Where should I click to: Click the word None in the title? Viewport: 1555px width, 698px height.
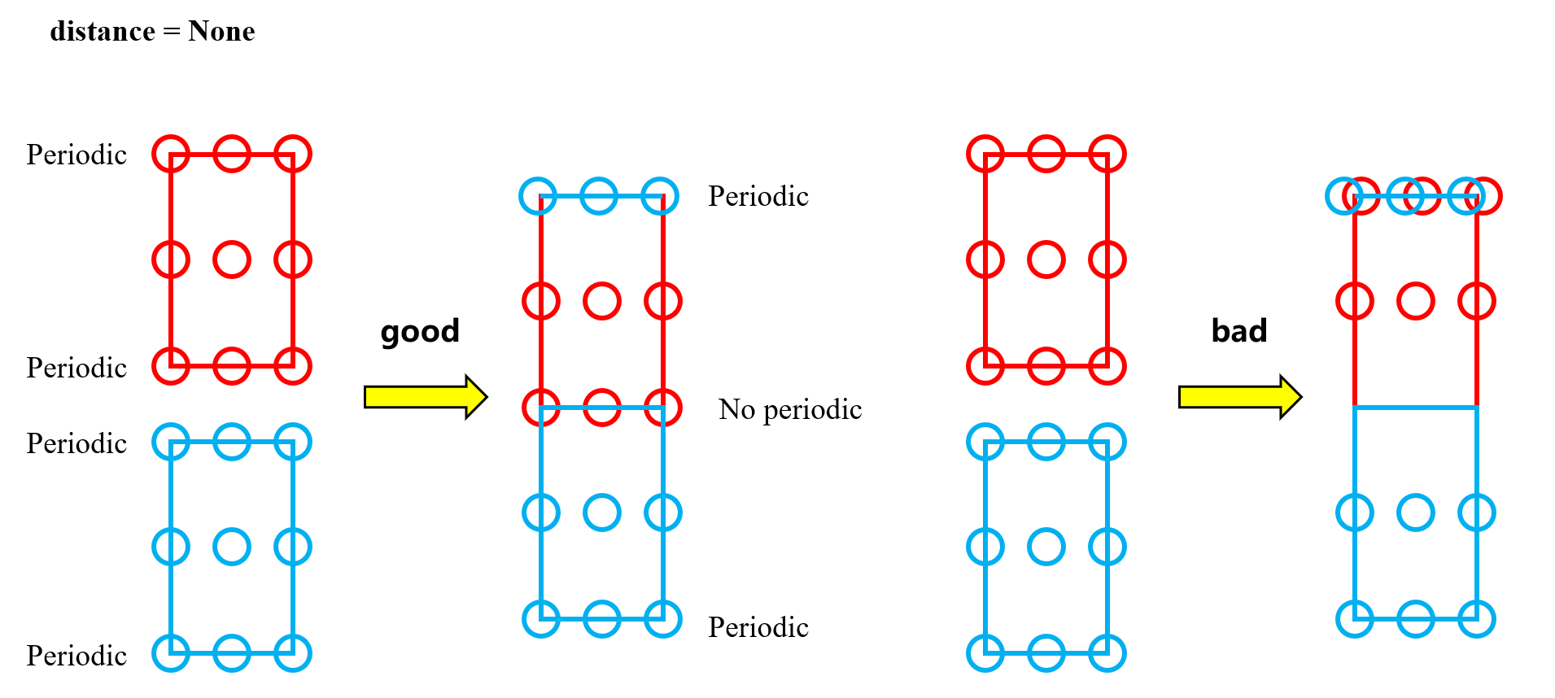221,32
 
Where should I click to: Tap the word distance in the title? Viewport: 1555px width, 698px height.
103,32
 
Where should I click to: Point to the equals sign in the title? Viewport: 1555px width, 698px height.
171,33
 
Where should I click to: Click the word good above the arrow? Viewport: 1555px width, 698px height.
420,331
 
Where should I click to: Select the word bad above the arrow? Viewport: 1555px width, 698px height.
1239,331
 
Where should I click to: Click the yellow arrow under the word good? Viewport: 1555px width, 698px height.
426,397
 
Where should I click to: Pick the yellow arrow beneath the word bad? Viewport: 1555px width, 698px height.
1240,397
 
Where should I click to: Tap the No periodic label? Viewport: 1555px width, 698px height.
789,409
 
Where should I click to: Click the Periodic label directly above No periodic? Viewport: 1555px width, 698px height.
758,196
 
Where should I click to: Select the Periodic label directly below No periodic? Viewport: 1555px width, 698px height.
758,627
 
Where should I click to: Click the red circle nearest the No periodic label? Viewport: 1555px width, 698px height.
663,408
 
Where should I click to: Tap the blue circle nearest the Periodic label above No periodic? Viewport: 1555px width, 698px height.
660,196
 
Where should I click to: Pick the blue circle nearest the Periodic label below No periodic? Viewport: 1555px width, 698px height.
663,619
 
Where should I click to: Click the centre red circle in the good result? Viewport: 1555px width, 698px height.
602,301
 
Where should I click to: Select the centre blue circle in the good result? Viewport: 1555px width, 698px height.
602,513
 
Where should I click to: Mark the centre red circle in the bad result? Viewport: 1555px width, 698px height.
1416,301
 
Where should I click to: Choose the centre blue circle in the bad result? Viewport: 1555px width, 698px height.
1416,513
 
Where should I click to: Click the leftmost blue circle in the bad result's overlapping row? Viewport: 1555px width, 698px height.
1343,196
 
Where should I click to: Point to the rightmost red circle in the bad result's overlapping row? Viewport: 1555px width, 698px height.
1484,196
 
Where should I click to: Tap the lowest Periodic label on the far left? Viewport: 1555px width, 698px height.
76,656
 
